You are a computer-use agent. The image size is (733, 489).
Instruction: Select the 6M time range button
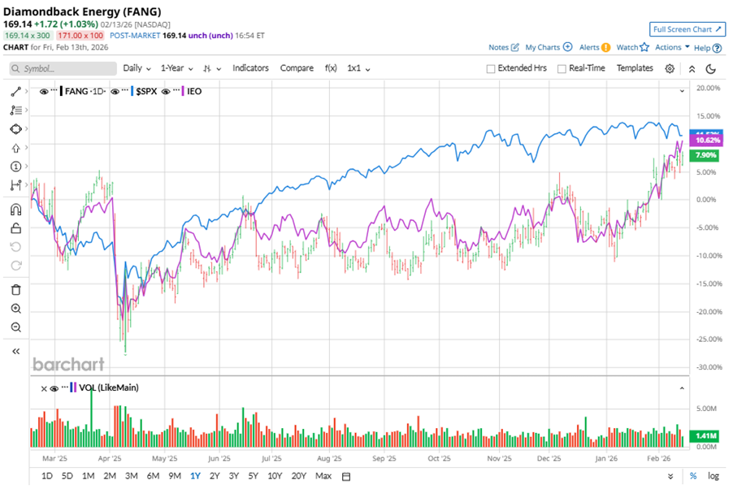point(153,476)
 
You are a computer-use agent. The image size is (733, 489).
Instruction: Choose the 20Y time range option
point(298,476)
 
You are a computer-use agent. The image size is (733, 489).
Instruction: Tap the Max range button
point(323,476)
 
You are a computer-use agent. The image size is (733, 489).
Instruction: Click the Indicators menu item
point(250,68)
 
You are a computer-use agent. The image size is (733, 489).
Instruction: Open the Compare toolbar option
point(297,68)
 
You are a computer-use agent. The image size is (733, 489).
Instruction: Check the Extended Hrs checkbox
point(491,69)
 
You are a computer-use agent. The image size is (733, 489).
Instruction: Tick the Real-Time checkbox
point(562,69)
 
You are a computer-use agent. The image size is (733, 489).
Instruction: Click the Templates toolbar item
point(635,68)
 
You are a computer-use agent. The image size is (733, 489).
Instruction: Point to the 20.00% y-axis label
point(709,88)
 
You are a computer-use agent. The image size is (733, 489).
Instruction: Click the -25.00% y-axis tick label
point(709,340)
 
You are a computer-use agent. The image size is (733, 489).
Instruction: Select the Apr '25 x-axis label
point(110,458)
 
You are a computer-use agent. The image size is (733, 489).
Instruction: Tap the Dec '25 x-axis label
point(549,458)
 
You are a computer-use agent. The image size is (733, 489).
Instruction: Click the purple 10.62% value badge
point(704,141)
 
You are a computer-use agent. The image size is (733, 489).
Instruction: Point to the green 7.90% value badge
point(702,155)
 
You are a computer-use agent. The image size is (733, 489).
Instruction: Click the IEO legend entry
point(193,91)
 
